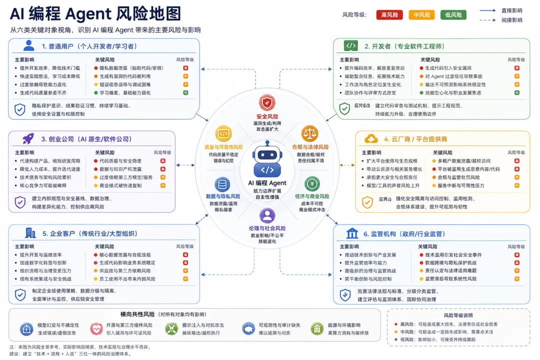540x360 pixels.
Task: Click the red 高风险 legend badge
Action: [x=389, y=15]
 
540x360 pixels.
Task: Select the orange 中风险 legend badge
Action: [x=421, y=15]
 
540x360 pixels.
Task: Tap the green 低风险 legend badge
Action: [x=453, y=15]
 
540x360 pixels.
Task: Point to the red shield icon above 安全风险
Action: [x=267, y=103]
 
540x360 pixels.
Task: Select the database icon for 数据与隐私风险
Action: [x=223, y=184]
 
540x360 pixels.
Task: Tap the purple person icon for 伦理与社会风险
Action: [x=267, y=215]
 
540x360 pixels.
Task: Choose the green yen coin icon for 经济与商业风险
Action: [x=312, y=184]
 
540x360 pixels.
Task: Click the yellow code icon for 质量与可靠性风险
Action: [x=223, y=133]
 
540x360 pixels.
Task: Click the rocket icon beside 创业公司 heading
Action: [x=28, y=139]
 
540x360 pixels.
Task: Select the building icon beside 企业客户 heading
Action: [x=30, y=233]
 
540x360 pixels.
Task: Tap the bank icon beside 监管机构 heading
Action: [x=352, y=233]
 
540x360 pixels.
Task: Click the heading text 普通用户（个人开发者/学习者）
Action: [x=89, y=46]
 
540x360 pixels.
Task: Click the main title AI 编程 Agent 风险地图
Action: [x=95, y=13]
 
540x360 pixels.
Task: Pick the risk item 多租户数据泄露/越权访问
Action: [x=464, y=161]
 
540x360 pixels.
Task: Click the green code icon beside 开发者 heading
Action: [x=351, y=46]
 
